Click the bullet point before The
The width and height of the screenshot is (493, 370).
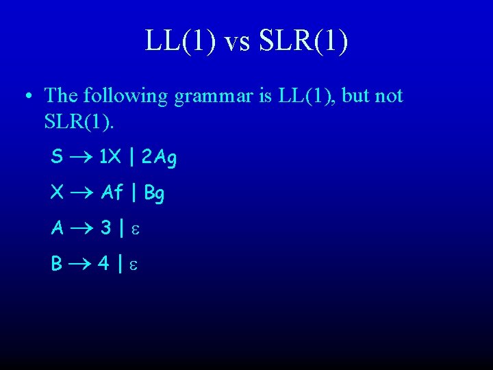pyautogui.click(x=26, y=96)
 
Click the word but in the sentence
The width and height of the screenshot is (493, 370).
pyautogui.click(x=357, y=96)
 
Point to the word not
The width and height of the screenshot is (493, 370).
pyautogui.click(x=389, y=96)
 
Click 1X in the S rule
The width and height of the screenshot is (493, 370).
pyautogui.click(x=110, y=158)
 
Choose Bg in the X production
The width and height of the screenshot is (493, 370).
pyautogui.click(x=154, y=194)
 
